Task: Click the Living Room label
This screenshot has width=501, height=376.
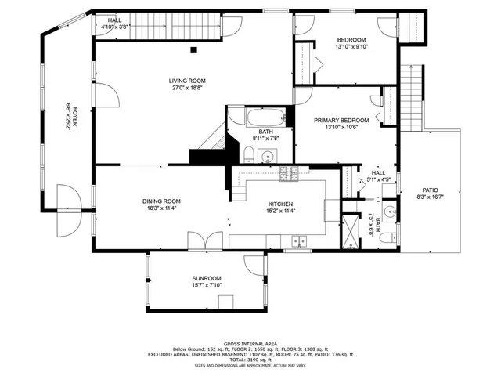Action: pos(187,81)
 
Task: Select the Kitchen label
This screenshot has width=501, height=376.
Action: pos(279,202)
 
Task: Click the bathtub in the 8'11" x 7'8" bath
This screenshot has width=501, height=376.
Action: pos(259,120)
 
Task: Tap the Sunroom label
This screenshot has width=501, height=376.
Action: pos(207,278)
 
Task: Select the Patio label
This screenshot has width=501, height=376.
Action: pos(431,190)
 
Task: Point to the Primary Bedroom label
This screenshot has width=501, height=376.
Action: pos(341,121)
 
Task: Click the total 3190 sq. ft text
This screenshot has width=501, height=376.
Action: pos(250,360)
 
